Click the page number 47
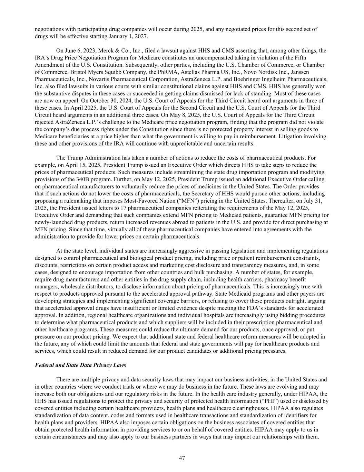pyautogui.click(x=182, y=458)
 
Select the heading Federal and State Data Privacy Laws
pyautogui.click(x=80, y=365)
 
